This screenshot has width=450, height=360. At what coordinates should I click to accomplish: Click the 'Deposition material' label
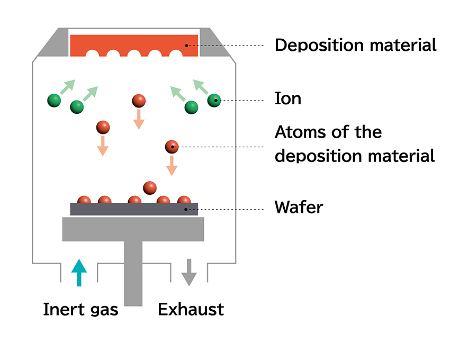tap(355, 45)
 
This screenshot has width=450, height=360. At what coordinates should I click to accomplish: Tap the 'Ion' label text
tap(287, 98)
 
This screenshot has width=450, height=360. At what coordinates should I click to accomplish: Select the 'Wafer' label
tap(299, 207)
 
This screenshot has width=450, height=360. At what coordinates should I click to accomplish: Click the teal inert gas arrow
tap(78, 272)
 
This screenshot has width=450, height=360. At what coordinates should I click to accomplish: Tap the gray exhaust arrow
tap(189, 272)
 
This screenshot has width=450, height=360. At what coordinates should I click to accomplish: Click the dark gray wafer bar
tap(134, 210)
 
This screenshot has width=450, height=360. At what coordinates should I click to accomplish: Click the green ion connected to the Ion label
tap(214, 100)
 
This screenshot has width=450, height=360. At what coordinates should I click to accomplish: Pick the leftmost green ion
tap(54, 100)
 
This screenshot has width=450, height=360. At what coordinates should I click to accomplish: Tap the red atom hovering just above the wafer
tap(150, 187)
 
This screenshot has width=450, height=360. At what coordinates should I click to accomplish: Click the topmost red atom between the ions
tap(139, 100)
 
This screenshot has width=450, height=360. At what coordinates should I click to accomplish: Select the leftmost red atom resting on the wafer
tap(84, 200)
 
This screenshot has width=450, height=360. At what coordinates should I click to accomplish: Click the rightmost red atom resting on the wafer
tap(184, 200)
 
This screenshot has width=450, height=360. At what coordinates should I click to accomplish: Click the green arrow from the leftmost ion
tap(67, 87)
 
